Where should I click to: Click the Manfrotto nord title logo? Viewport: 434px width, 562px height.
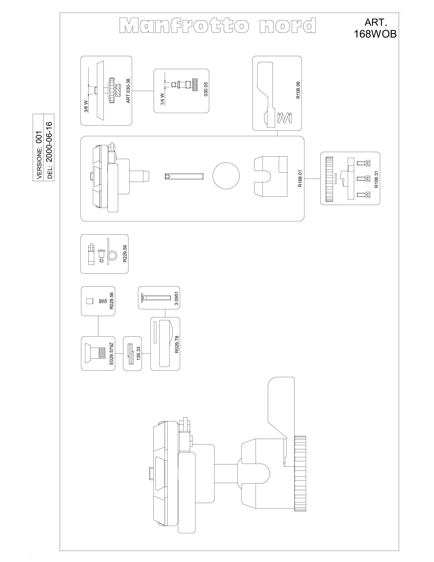pos(218,25)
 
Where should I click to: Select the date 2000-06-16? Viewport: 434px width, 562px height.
pos(50,142)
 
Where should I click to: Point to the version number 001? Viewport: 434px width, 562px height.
pos(39,137)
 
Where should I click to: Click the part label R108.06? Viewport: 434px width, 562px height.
pos(298,90)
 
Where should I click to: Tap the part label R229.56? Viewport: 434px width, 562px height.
pos(125,253)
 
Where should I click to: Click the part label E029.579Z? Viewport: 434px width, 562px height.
pos(111,353)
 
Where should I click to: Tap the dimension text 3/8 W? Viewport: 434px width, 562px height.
pos(86,107)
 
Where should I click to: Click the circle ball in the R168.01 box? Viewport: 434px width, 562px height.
pos(226,176)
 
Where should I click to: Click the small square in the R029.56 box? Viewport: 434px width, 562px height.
pos(89,301)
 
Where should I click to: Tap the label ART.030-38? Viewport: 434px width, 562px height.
pos(128,91)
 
